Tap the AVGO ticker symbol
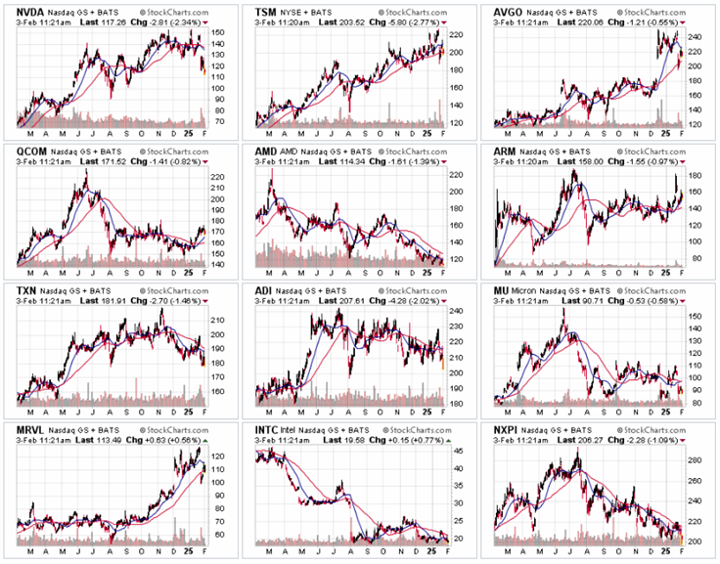click(x=510, y=10)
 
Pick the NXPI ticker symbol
click(x=508, y=430)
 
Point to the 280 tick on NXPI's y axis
click(x=697, y=459)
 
